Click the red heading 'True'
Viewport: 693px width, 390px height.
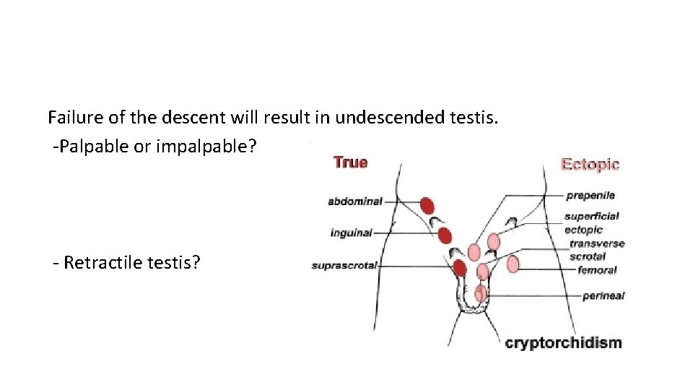pyautogui.click(x=350, y=162)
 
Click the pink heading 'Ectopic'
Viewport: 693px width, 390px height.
pyautogui.click(x=590, y=164)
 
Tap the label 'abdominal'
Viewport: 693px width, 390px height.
pyautogui.click(x=354, y=201)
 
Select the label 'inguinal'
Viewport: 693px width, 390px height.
pyautogui.click(x=351, y=233)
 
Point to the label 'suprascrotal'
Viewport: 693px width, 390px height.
pyautogui.click(x=344, y=266)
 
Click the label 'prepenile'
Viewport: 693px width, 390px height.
pyautogui.click(x=590, y=195)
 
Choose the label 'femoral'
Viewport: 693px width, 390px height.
pyautogui.click(x=597, y=270)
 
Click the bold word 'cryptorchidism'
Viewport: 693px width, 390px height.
pyautogui.click(x=563, y=342)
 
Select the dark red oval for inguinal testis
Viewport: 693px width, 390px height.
pyautogui.click(x=445, y=235)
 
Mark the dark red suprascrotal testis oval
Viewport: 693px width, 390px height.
pyautogui.click(x=459, y=269)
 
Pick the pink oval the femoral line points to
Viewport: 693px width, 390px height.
pyautogui.click(x=513, y=264)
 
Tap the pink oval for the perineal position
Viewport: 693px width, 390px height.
pyautogui.click(x=481, y=294)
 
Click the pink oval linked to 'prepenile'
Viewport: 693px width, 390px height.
pyautogui.click(x=474, y=251)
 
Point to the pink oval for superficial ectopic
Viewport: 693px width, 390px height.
pyautogui.click(x=494, y=241)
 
